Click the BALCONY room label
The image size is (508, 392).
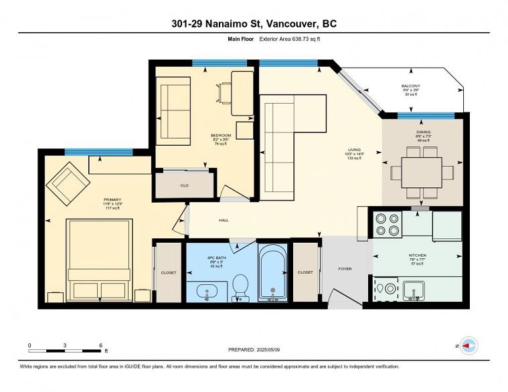pos(410,86)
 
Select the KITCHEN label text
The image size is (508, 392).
pos(417,255)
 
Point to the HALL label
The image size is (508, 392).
pos(224,219)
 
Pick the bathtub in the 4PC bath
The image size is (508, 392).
pos(272,274)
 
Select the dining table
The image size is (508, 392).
pos(422,171)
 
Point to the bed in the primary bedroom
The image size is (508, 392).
pos(98,261)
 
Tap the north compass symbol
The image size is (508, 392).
pos(468,346)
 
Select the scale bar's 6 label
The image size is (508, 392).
pos(100,345)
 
